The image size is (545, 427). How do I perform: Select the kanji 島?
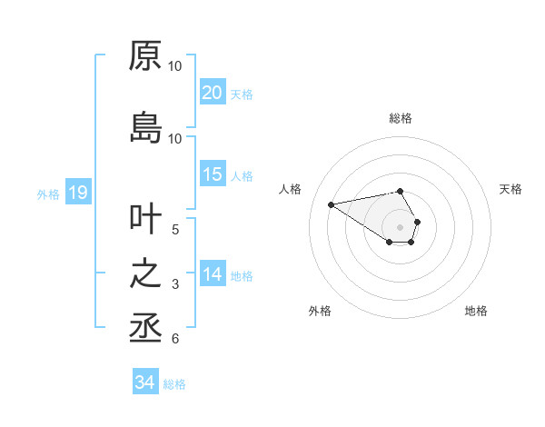[x=145, y=127]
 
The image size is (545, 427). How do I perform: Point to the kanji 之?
[x=145, y=274]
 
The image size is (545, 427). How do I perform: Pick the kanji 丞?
[x=145, y=327]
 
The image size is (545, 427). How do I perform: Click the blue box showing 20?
[x=212, y=93]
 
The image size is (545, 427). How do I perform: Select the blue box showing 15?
[x=212, y=174]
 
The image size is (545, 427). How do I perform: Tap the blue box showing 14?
[x=212, y=274]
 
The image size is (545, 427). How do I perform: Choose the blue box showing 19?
[x=77, y=193]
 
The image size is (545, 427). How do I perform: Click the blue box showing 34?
[x=144, y=382]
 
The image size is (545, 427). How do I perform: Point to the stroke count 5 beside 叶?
[x=176, y=229]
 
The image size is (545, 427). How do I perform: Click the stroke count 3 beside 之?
[x=176, y=284]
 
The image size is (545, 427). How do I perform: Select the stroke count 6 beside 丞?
[x=176, y=339]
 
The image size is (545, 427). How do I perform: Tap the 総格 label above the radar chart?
[x=400, y=118]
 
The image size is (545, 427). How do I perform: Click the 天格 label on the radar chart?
[x=510, y=189]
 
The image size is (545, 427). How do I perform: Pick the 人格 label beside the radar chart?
[x=290, y=189]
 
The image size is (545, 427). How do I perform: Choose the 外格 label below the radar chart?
[x=320, y=311]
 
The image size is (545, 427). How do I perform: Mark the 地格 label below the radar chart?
[x=476, y=311]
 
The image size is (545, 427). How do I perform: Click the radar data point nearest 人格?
[x=331, y=204]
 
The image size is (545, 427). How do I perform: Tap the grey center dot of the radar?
[x=400, y=226]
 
